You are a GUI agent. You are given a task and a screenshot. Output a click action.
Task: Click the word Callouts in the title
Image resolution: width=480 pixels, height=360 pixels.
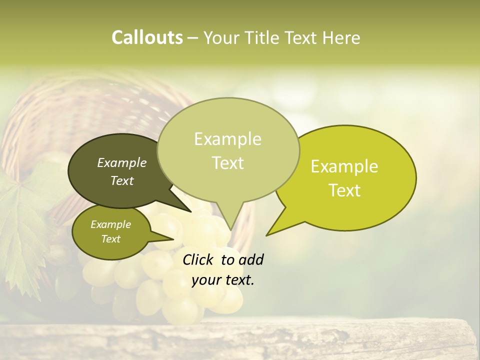point(147,37)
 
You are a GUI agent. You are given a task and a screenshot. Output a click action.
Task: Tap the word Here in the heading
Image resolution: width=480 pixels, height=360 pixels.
point(342,37)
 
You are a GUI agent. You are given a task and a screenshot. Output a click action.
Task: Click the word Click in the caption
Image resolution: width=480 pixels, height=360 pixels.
point(198,259)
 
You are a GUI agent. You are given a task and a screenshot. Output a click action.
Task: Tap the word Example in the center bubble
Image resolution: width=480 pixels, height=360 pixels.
point(227,138)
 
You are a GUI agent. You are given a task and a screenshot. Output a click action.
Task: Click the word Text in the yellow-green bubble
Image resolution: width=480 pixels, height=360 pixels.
point(344,190)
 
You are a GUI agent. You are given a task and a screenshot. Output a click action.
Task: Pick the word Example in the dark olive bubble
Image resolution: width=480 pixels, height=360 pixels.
point(121,162)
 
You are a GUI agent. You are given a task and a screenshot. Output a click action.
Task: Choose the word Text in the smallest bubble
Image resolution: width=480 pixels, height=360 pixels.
point(110,239)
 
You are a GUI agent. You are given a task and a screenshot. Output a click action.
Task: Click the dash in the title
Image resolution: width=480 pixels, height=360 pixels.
point(193,37)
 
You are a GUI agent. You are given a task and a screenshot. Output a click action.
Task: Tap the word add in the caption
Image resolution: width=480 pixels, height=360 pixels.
point(250,259)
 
